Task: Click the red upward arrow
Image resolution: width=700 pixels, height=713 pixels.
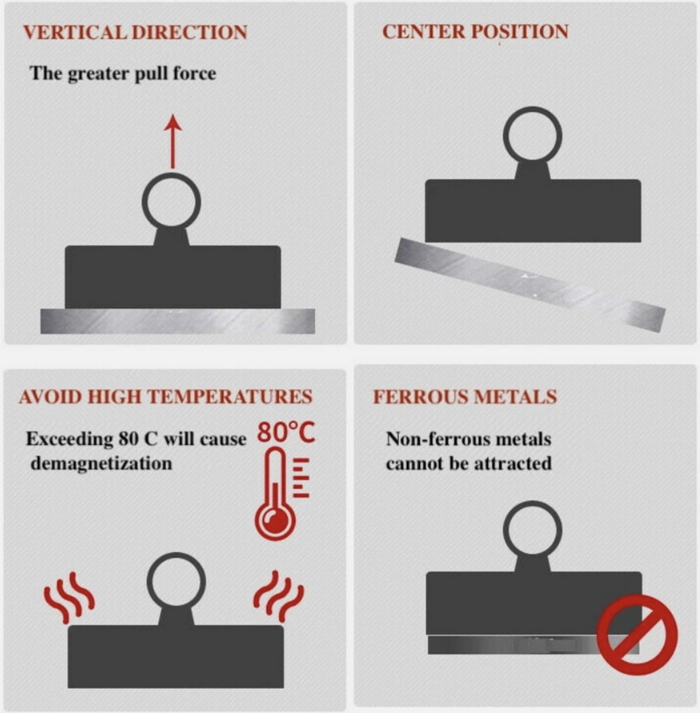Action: [x=173, y=142]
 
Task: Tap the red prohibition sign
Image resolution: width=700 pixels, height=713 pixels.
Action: [x=637, y=634]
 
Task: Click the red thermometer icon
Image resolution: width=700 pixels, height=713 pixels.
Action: [x=281, y=493]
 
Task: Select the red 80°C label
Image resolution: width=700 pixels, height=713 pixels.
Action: [x=286, y=432]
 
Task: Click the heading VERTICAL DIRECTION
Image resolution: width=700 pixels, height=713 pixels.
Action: [x=135, y=32]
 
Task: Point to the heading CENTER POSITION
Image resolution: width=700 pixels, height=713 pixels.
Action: [x=475, y=31]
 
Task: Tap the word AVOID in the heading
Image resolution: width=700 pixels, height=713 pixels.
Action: [x=50, y=396]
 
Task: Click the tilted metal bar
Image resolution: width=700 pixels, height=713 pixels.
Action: [x=530, y=284]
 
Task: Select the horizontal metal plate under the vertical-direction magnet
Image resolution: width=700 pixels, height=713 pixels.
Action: [x=178, y=321]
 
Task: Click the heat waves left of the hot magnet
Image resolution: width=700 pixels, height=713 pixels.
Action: [x=69, y=597]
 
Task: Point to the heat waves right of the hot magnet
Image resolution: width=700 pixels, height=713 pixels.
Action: [x=278, y=596]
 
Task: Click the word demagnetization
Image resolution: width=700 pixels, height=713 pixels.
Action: [x=101, y=464]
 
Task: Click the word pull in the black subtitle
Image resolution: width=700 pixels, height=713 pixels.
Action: [x=152, y=74]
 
